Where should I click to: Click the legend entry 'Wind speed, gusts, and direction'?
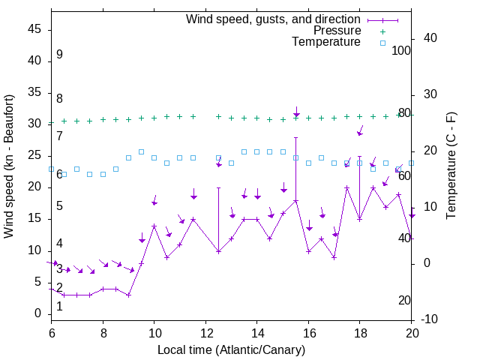click(x=273, y=19)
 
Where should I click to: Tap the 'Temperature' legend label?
click(x=326, y=42)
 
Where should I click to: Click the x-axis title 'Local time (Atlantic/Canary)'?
click(x=231, y=350)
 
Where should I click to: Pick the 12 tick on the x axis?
click(x=205, y=331)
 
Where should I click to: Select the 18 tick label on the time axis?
click(x=360, y=331)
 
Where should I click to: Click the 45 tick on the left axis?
click(x=34, y=29)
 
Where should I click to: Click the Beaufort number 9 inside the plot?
click(x=59, y=55)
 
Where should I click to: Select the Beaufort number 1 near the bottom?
click(x=59, y=306)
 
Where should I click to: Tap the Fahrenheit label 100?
click(x=402, y=50)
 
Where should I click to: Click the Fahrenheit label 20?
click(x=405, y=300)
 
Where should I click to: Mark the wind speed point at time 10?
click(x=154, y=226)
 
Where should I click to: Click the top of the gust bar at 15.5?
click(x=296, y=137)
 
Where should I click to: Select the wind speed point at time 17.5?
click(x=334, y=257)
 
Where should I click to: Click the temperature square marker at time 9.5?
click(x=142, y=151)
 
